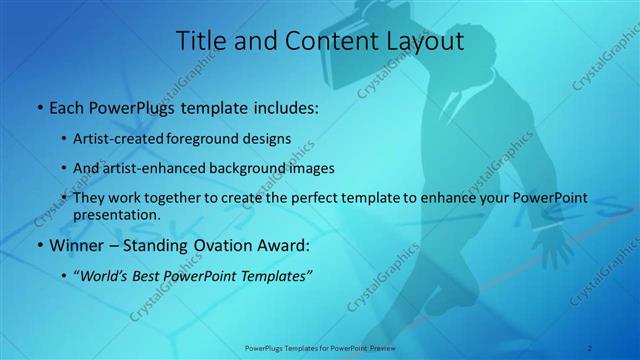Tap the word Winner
pos(75,243)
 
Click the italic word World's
pos(108,274)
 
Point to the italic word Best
pos(158,274)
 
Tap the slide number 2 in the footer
pos(590,347)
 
